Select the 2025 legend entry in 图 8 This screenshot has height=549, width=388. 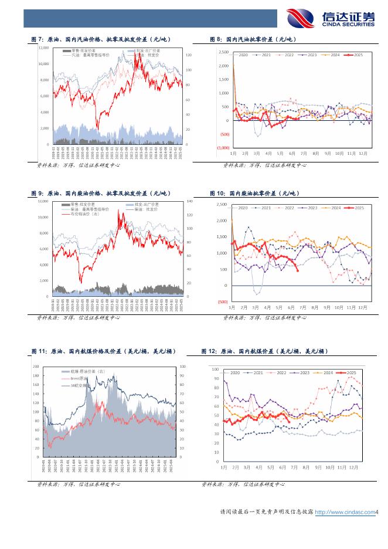(356, 55)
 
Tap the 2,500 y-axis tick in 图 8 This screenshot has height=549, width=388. (223, 52)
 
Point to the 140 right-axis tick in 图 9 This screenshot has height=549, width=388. (189, 201)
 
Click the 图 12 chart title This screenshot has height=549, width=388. (264, 351)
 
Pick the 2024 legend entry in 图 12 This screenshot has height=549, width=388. (329, 372)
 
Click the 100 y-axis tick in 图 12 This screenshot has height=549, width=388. (215, 370)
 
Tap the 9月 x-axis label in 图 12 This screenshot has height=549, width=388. (318, 467)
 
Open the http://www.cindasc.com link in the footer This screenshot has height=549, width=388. (345, 512)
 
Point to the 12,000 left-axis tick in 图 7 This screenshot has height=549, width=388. (43, 47)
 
